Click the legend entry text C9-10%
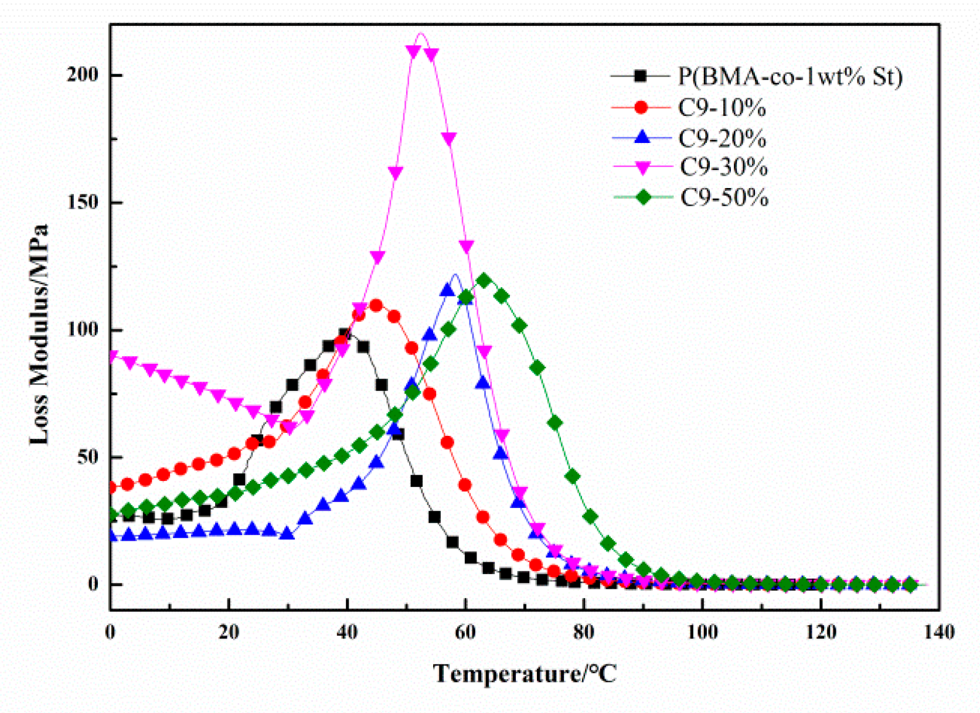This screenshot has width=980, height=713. [x=722, y=108]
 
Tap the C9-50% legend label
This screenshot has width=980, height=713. [x=724, y=197]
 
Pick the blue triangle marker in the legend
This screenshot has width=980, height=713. [x=642, y=138]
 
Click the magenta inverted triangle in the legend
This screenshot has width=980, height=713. [x=643, y=168]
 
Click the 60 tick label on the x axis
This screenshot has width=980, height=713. [x=465, y=633]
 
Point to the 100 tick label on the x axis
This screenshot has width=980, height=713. [x=702, y=633]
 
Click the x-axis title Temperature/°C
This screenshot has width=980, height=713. [x=525, y=674]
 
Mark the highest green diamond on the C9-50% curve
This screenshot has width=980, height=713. [x=484, y=281]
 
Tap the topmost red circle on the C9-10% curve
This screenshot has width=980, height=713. [x=376, y=306]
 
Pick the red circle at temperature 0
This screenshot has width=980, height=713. [x=111, y=487]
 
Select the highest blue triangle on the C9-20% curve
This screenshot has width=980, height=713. [x=448, y=290]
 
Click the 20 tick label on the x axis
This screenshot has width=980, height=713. [x=229, y=633]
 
